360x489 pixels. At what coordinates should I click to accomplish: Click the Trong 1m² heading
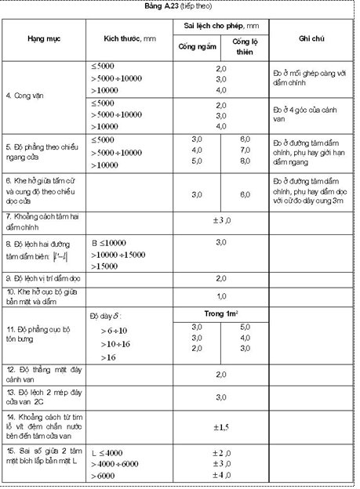[220, 313]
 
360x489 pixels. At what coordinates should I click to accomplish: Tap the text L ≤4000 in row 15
[107, 453]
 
